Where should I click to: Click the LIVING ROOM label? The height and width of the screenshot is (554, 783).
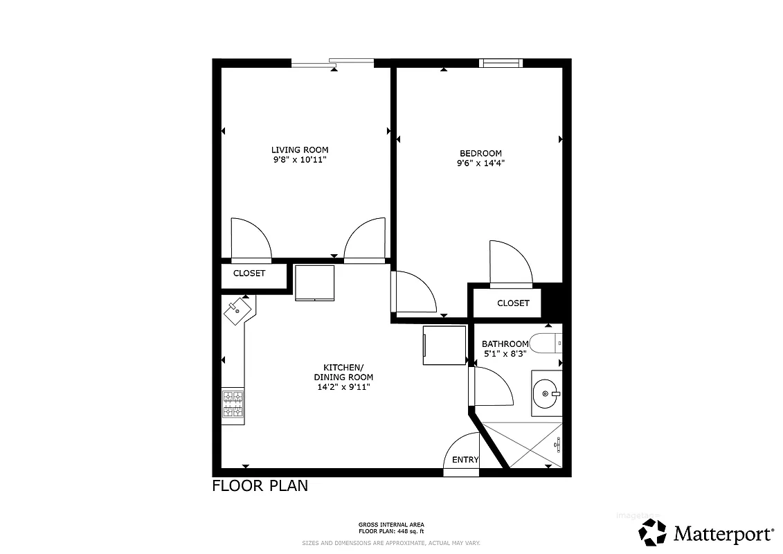[299, 150]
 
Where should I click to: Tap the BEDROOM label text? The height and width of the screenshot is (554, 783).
[480, 153]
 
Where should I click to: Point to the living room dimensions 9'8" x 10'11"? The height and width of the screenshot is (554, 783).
[299, 160]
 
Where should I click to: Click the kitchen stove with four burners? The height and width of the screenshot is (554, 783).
[233, 404]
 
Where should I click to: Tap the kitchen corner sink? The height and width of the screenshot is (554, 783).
[238, 308]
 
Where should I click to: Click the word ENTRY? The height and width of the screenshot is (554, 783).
[465, 460]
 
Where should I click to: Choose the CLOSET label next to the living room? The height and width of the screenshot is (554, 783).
[249, 274]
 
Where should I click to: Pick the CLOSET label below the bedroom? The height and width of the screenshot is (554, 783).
[513, 303]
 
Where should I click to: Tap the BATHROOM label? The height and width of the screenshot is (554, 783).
[505, 343]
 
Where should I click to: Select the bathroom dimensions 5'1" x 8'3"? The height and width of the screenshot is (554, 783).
[505, 353]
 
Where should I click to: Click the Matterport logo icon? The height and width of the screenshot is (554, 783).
[652, 533]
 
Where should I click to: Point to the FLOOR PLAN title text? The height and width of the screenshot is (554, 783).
[260, 486]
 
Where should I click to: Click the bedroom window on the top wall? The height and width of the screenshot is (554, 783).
[501, 63]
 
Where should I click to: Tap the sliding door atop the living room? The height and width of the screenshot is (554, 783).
[332, 63]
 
